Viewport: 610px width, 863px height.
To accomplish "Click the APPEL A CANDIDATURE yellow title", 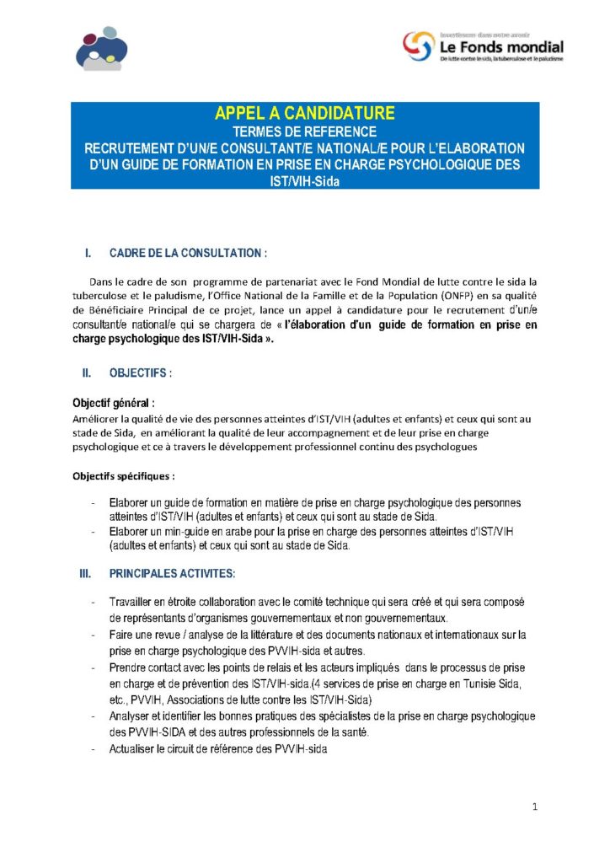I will pyautogui.click(x=304, y=114).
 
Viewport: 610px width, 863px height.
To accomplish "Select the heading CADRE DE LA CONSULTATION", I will pyautogui.click(x=189, y=253).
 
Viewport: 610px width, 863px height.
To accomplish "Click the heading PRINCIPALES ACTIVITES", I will pyautogui.click(x=172, y=573).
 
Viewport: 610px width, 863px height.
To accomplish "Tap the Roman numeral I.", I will pyautogui.click(x=87, y=253).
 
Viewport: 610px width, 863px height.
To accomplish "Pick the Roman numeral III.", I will pyautogui.click(x=85, y=573).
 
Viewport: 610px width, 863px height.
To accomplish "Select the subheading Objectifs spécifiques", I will pyautogui.click(x=123, y=475).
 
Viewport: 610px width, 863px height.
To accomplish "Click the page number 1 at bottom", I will pyautogui.click(x=535, y=807).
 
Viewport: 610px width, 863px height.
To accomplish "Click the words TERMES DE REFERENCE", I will pyautogui.click(x=304, y=131).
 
